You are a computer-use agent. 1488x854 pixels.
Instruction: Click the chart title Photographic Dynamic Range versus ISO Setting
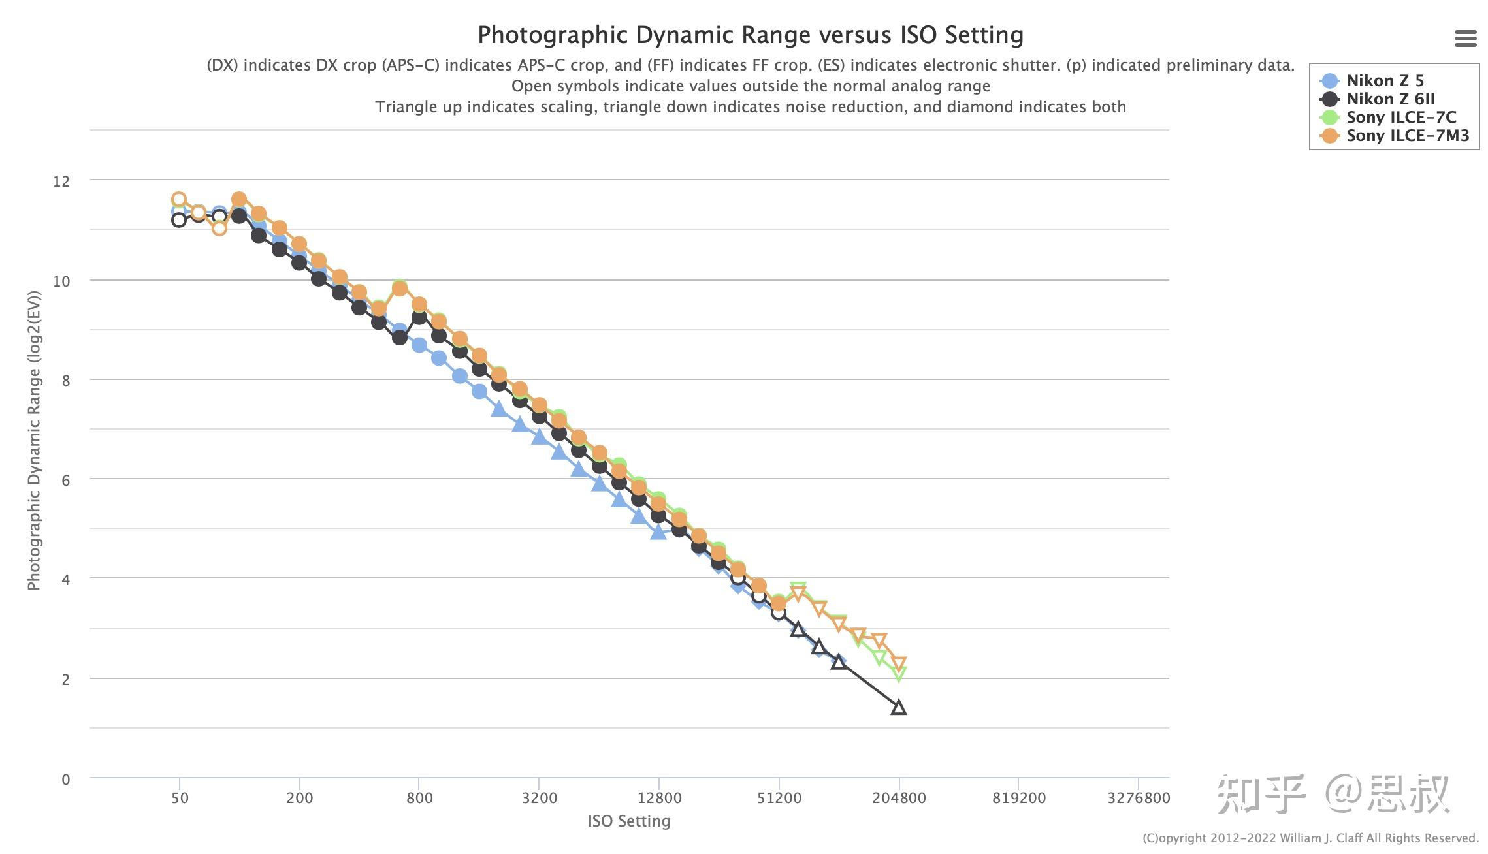[751, 35]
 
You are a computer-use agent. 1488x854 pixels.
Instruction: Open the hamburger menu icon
[1466, 39]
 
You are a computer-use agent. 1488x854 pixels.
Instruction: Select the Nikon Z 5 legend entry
[1384, 81]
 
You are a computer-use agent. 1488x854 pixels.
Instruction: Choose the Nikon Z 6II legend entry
[1390, 99]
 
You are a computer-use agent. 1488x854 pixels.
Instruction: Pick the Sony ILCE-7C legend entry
[1400, 118]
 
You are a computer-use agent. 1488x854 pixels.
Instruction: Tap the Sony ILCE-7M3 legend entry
[1407, 136]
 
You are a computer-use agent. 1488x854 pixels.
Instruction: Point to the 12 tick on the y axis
[61, 182]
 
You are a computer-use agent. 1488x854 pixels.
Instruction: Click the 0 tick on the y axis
[65, 780]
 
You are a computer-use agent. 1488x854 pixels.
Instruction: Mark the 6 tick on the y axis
[65, 481]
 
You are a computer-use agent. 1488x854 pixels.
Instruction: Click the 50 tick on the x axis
[180, 798]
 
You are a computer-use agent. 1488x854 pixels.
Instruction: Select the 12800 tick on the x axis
[659, 798]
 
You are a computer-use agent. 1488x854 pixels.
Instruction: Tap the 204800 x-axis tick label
[899, 798]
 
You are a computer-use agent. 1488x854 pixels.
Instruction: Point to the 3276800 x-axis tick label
[1139, 798]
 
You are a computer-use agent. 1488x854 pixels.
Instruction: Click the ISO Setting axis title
[629, 821]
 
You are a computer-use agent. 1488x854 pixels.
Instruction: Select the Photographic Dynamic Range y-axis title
[34, 440]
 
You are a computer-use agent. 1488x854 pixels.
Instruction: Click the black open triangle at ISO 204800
[899, 707]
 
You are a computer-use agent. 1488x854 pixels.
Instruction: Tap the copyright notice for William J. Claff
[1310, 838]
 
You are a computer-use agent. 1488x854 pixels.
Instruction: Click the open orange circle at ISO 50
[178, 199]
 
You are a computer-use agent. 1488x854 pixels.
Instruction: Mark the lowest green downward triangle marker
[899, 674]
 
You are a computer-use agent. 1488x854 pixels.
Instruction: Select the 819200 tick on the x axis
[1019, 798]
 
